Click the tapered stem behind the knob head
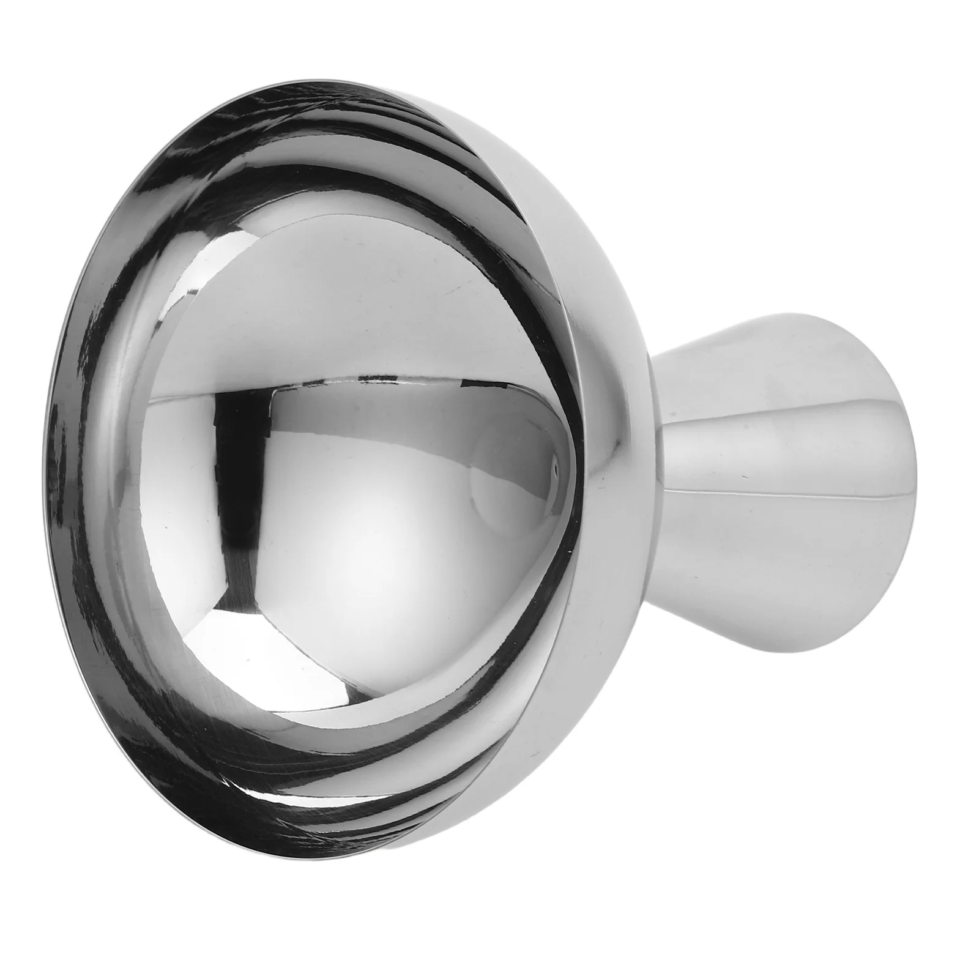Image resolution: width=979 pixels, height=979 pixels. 765,465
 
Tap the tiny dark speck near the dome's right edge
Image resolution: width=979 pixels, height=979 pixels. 554,471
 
